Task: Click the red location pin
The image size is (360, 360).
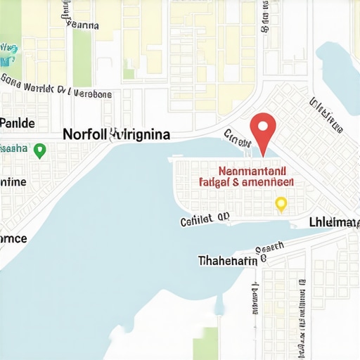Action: click(x=263, y=127)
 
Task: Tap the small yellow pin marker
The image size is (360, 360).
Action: click(x=281, y=204)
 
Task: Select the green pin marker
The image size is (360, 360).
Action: click(x=40, y=150)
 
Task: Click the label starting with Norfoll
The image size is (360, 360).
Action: click(x=116, y=134)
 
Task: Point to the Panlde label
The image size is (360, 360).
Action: click(x=17, y=123)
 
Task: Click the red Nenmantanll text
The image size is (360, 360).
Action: click(x=252, y=170)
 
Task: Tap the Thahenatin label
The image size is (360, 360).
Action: click(x=228, y=260)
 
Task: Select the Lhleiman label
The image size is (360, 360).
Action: click(x=333, y=222)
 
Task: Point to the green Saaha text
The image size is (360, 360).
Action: click(x=13, y=149)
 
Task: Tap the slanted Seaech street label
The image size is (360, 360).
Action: click(x=269, y=247)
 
